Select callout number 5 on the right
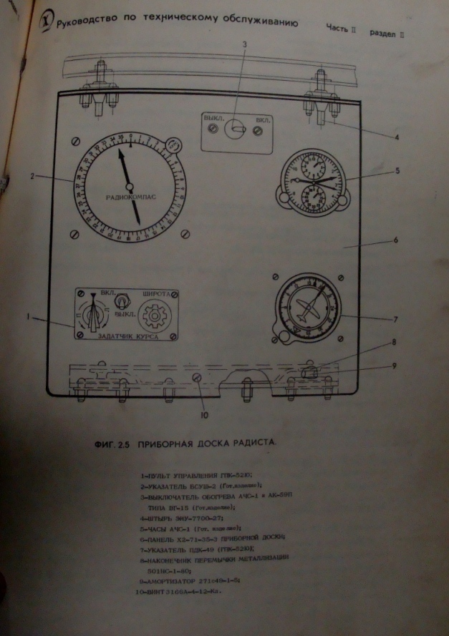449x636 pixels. click(x=397, y=170)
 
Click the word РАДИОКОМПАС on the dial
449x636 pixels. click(x=127, y=195)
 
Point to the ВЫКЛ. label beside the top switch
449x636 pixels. click(x=213, y=115)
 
